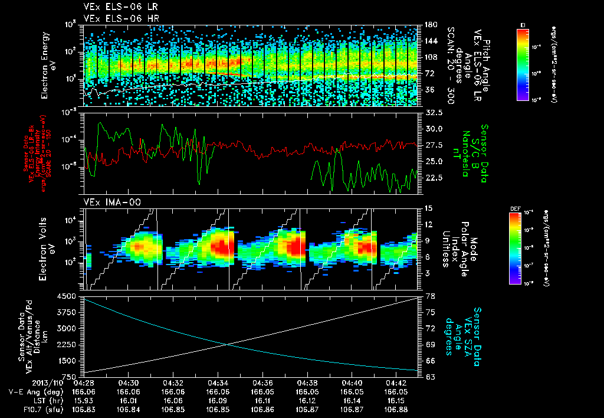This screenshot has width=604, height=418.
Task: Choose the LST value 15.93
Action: tap(84, 400)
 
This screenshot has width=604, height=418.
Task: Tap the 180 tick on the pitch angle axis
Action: tap(431, 25)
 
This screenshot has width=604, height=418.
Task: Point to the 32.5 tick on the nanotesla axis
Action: tap(434, 112)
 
